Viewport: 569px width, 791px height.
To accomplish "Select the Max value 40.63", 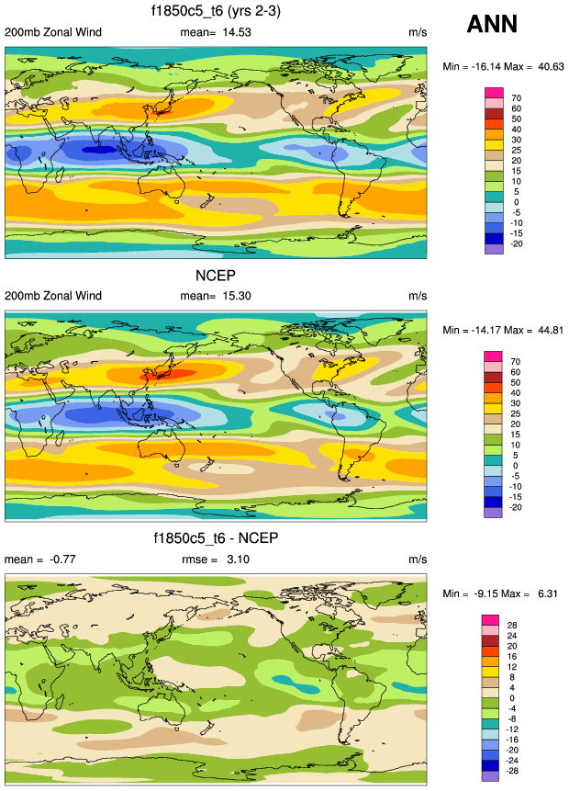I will pyautogui.click(x=548, y=67).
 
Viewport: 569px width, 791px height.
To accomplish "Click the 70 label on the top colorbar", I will pyautogui.click(x=516, y=97).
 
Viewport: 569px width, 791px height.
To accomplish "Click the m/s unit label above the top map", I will pyautogui.click(x=418, y=33).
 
